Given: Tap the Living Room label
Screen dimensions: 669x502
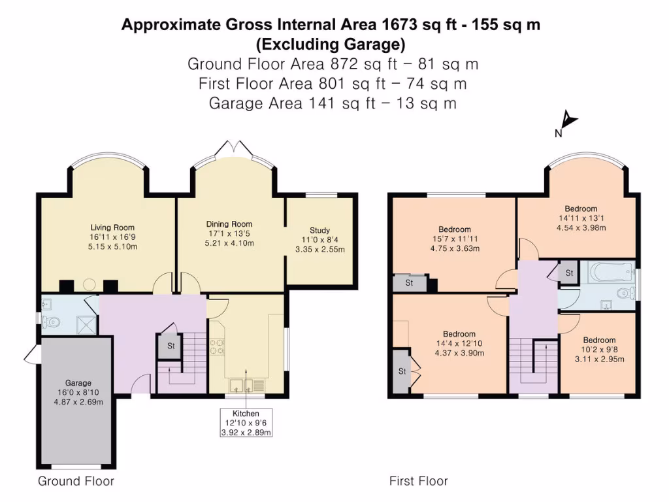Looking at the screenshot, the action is click(x=112, y=227).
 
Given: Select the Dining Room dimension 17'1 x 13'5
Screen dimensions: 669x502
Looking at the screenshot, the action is click(x=229, y=233).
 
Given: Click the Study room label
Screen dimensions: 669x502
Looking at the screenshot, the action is click(x=319, y=230).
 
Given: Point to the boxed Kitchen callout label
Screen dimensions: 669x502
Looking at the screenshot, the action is click(x=246, y=423).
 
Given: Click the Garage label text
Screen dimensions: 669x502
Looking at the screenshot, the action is click(x=78, y=383).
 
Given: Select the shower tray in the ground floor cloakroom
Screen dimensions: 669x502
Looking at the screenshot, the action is click(x=87, y=326).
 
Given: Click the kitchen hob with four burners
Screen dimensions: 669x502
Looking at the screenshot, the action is click(x=217, y=346).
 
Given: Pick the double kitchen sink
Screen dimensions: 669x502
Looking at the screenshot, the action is click(x=242, y=386).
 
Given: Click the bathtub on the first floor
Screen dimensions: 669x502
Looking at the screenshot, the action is click(x=610, y=272).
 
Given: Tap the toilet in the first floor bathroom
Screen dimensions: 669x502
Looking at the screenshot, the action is click(x=625, y=293).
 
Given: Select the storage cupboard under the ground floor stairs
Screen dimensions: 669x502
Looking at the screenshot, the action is click(x=171, y=345).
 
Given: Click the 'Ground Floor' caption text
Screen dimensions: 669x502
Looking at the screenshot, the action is click(x=76, y=481).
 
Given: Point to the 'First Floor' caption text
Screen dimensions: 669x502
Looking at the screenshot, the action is click(x=419, y=481).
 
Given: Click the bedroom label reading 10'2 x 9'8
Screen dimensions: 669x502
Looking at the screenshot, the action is click(x=599, y=349).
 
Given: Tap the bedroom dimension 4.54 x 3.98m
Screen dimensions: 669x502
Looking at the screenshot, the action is click(x=581, y=227).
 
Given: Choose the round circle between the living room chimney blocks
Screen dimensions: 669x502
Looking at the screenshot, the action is click(x=89, y=285).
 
